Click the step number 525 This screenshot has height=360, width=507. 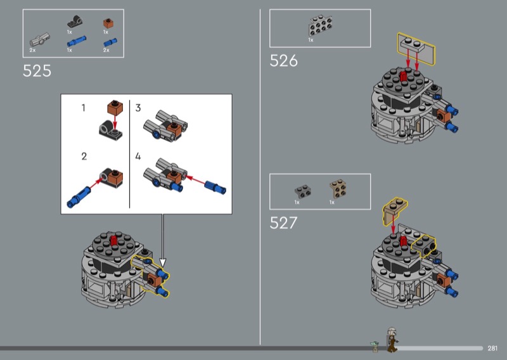point(37,71)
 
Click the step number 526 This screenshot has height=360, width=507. point(283,60)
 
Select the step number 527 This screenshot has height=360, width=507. point(283,223)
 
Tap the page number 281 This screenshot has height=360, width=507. point(492,348)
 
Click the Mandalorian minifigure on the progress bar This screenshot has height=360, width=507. point(392,339)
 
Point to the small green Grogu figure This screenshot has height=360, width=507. point(375,346)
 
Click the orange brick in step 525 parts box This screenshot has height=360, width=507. point(108,23)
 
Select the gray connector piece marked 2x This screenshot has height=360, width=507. point(40,39)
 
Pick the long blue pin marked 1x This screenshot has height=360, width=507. point(77,41)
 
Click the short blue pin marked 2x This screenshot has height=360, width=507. point(110,42)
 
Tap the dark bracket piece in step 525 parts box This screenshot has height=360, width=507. point(75,22)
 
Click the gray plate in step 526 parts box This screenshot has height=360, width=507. point(321,25)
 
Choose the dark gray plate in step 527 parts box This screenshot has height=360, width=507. point(303,191)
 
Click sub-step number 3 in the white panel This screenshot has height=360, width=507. point(138,108)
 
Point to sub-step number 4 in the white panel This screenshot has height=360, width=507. point(138,157)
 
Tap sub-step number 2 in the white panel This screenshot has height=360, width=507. point(84,157)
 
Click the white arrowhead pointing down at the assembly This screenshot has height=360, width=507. point(163,262)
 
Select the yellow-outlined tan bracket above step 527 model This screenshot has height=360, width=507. point(395,210)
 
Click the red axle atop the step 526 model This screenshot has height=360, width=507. point(404,76)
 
